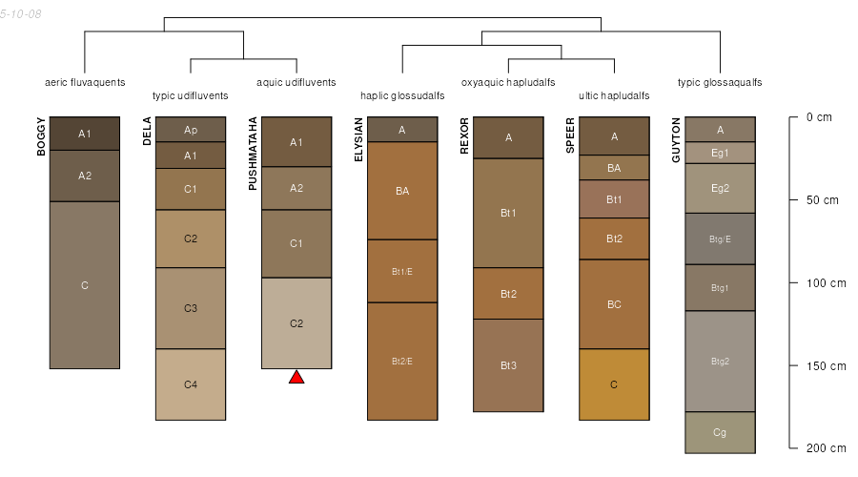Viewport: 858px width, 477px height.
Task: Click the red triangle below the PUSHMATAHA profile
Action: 296,378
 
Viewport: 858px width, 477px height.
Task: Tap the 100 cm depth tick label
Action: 827,283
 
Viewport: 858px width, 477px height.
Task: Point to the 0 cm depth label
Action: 819,117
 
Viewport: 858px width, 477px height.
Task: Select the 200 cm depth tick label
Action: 827,448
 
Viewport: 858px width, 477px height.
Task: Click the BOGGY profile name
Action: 41,136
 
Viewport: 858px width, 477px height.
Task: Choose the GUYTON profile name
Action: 676,139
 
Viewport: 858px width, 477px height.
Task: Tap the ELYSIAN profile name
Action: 359,139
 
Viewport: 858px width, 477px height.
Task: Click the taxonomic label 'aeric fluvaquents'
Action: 85,83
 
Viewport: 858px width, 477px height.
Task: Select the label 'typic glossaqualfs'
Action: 720,83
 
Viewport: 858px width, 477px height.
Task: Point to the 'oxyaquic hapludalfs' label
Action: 508,83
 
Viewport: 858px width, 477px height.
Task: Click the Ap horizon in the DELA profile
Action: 191,129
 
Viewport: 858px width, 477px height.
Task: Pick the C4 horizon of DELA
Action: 191,384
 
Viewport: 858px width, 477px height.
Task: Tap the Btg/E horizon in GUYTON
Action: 720,238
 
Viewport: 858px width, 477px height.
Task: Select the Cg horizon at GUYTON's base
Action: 720,433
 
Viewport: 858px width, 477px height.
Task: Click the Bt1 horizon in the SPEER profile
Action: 615,198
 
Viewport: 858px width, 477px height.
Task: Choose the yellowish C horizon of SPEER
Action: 615,384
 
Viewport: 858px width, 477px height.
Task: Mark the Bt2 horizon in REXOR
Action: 508,294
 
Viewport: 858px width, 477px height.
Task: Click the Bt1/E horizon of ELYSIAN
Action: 402,271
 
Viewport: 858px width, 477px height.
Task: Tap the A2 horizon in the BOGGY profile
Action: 85,176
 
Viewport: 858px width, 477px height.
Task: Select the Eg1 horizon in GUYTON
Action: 720,153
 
